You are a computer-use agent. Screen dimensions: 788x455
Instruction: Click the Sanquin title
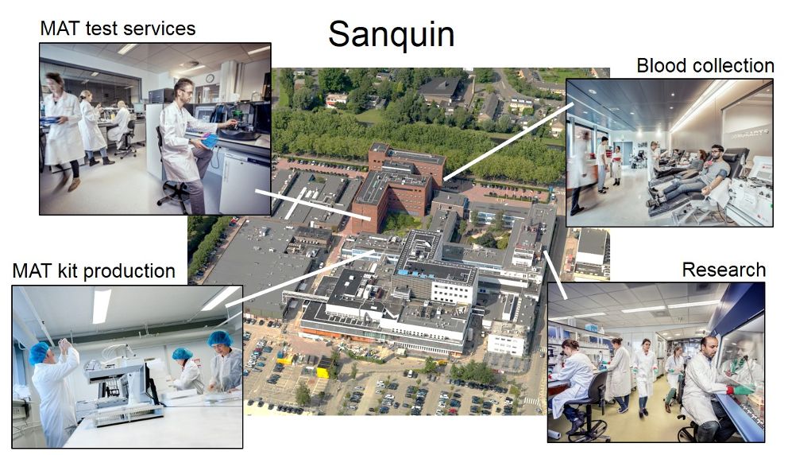[x=391, y=34]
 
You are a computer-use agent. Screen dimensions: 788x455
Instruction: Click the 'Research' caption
[x=724, y=270]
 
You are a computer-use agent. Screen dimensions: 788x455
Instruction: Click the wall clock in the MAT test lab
[x=210, y=78]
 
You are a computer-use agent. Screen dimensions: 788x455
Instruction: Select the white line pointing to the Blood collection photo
[x=508, y=142]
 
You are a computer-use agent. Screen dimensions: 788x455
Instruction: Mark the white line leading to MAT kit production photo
[x=300, y=278]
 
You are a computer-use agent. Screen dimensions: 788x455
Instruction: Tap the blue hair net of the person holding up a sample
[x=39, y=352]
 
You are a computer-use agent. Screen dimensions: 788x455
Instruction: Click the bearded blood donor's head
[x=717, y=154]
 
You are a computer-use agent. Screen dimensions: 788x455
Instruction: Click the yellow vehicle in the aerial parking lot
[x=323, y=372]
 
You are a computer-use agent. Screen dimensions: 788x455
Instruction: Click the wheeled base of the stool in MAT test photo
[x=174, y=194]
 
